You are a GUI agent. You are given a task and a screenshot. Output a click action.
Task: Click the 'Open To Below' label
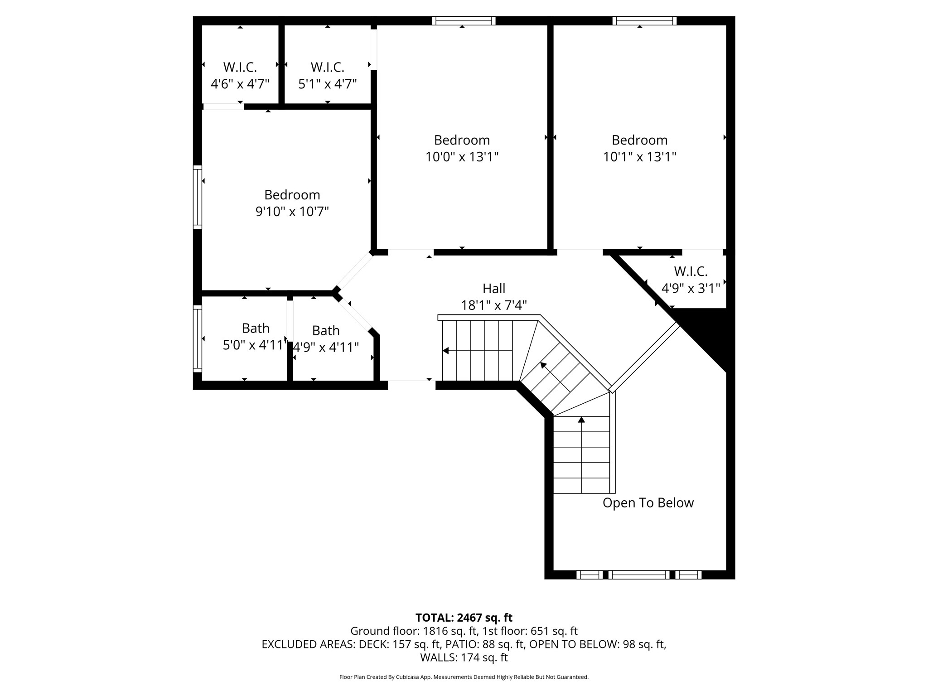pyautogui.click(x=648, y=503)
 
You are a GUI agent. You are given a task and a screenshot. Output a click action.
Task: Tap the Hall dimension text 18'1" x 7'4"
pyautogui.click(x=494, y=305)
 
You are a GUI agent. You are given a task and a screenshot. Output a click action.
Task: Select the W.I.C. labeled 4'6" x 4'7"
pyautogui.click(x=240, y=76)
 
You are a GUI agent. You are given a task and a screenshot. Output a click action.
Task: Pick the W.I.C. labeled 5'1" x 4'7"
pyautogui.click(x=327, y=76)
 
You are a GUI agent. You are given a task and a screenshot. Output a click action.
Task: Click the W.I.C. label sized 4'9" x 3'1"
pyautogui.click(x=691, y=280)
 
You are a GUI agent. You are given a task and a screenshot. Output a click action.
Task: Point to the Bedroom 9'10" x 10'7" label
pyautogui.click(x=292, y=203)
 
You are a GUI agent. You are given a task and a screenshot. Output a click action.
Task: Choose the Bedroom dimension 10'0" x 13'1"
pyautogui.click(x=462, y=157)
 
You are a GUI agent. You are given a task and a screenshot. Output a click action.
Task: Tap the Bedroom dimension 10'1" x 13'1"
pyautogui.click(x=639, y=157)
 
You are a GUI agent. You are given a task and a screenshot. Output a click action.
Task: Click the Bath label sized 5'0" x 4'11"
pyautogui.click(x=256, y=336)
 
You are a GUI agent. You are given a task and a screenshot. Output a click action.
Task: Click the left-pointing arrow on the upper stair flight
pyautogui.click(x=446, y=350)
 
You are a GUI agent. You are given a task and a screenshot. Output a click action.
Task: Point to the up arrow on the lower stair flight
pyautogui.click(x=581, y=420)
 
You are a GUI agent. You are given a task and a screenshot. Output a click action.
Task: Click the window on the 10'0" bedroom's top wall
pyautogui.click(x=464, y=20)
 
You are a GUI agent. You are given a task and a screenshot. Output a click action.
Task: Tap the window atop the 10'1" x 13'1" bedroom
pyautogui.click(x=644, y=20)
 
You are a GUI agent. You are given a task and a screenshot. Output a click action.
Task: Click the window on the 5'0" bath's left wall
pyautogui.click(x=198, y=338)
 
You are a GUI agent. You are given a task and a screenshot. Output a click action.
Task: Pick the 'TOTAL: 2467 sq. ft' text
pyautogui.click(x=464, y=618)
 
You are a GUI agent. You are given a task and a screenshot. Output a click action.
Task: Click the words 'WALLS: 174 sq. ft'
pyautogui.click(x=464, y=657)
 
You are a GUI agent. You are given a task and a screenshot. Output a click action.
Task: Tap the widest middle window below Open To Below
pyautogui.click(x=639, y=575)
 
